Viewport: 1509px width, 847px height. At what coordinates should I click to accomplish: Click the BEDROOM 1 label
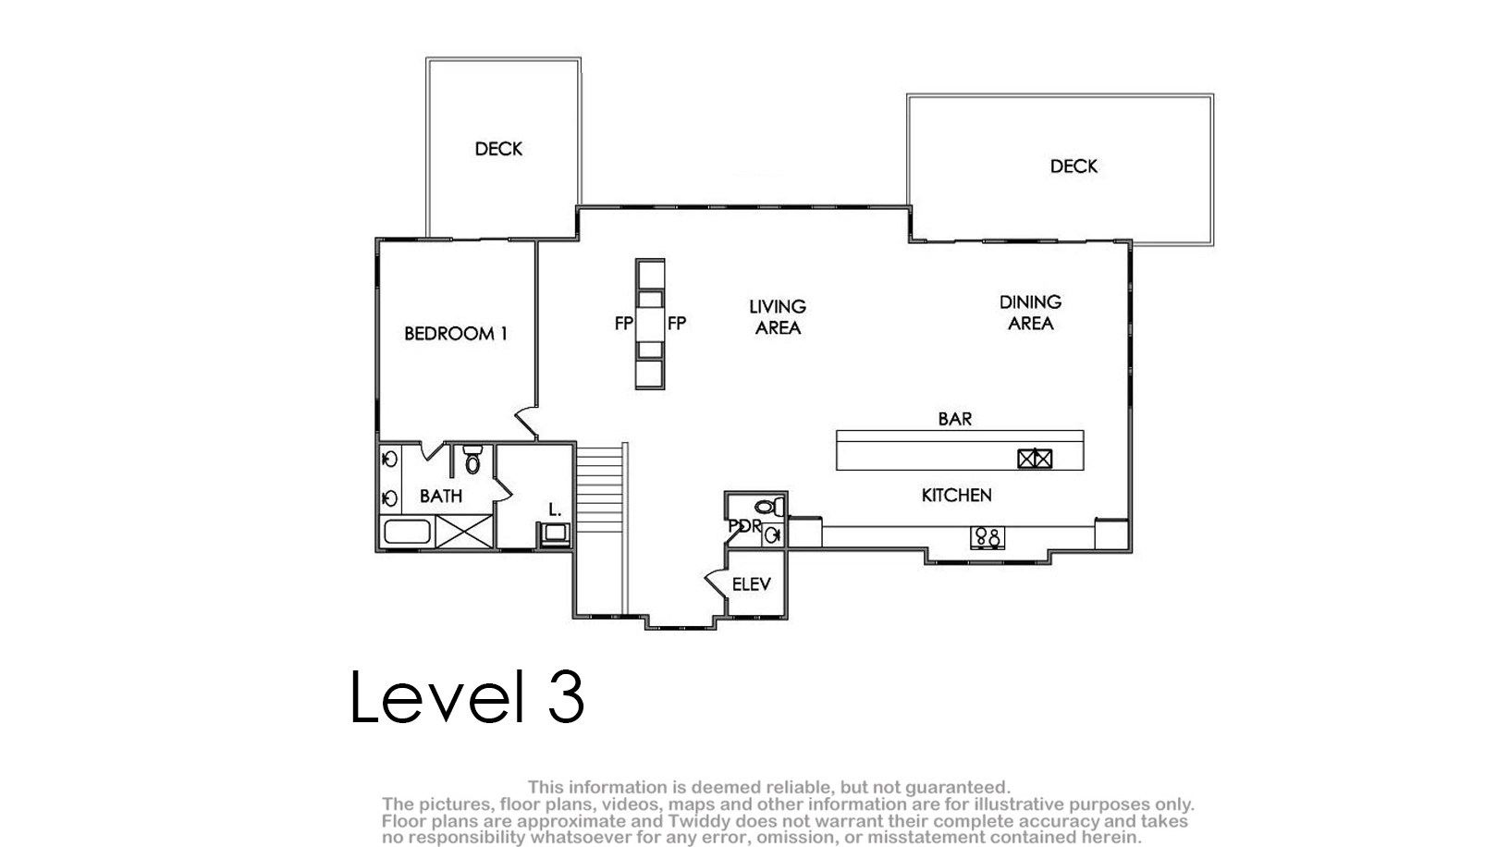point(456,334)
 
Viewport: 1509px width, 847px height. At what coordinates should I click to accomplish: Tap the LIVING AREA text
point(778,317)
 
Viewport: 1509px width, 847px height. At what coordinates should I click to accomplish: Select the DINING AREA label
point(1030,313)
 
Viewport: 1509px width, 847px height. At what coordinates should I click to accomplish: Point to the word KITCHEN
point(957,496)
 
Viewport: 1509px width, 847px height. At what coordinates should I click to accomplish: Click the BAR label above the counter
point(954,419)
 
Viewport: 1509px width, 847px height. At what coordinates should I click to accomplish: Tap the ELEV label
point(751,584)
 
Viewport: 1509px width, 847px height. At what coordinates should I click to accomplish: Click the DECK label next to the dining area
point(1073,166)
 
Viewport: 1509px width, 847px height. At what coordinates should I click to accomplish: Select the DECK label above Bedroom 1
point(498,149)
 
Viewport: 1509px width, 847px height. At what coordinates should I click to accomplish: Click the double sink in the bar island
point(1035,460)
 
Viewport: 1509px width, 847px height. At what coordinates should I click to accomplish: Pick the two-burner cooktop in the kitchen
point(988,537)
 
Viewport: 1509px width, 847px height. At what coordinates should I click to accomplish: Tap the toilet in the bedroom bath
point(472,459)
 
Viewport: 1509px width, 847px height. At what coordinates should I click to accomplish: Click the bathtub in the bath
point(407,532)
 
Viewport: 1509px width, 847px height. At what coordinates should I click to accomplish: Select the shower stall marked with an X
point(464,532)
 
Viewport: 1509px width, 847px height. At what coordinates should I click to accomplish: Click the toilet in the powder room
point(769,506)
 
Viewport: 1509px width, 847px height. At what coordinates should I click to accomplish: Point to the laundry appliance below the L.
point(555,534)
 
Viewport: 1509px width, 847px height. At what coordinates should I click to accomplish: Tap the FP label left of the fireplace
point(624,325)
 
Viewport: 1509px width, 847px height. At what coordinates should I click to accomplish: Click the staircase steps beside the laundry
point(599,488)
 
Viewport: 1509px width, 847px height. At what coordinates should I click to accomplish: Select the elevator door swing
point(717,583)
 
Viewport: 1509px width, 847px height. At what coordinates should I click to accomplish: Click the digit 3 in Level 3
point(566,696)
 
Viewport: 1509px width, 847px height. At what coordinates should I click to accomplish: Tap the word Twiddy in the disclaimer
point(696,821)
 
